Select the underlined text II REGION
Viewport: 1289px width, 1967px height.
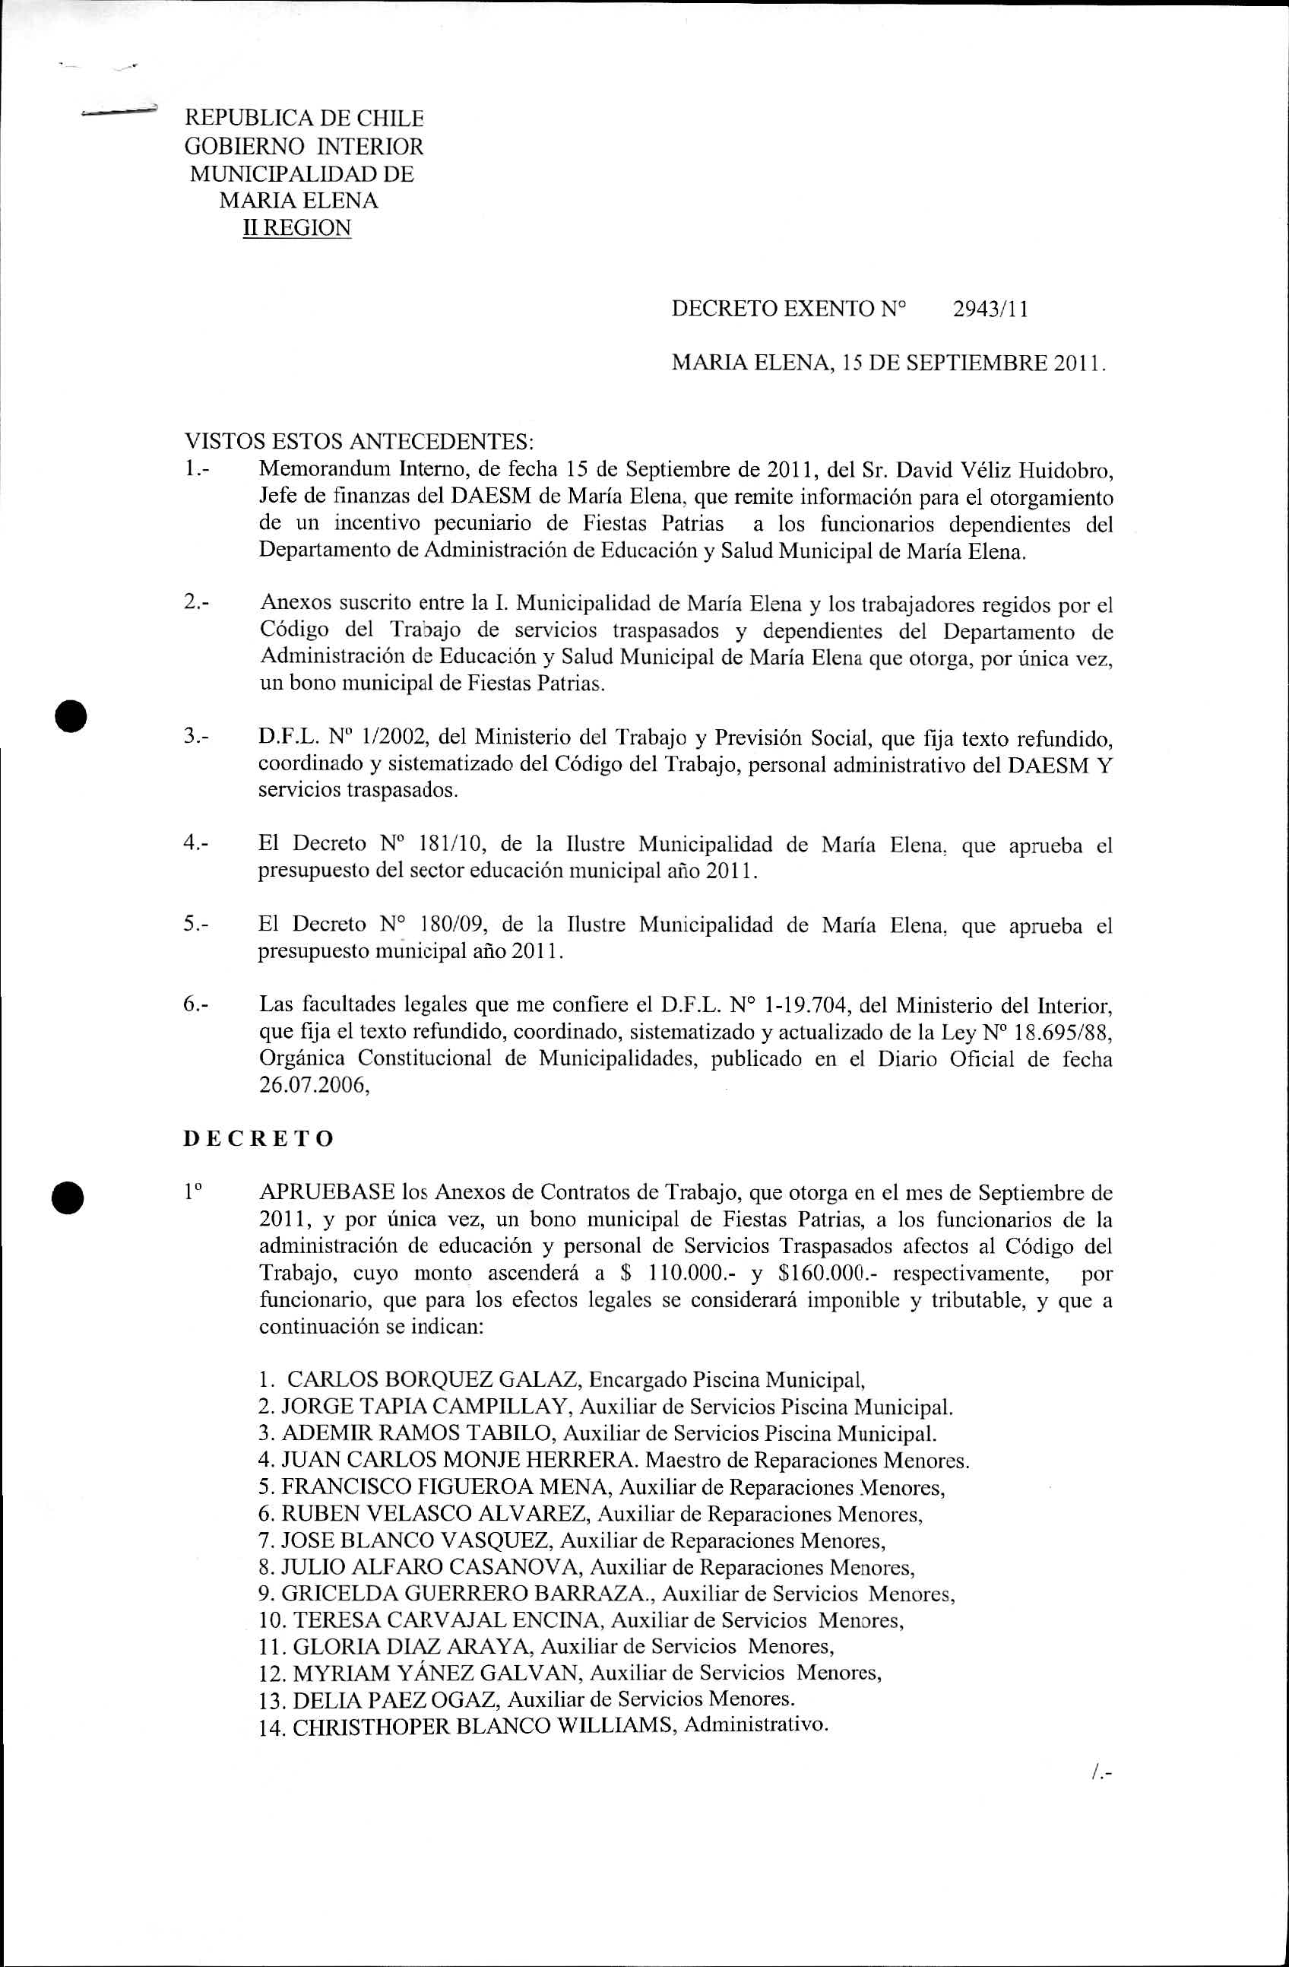coord(296,227)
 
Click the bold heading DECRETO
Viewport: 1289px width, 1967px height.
coord(258,1138)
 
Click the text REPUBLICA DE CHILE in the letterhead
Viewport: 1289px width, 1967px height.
coord(303,119)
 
